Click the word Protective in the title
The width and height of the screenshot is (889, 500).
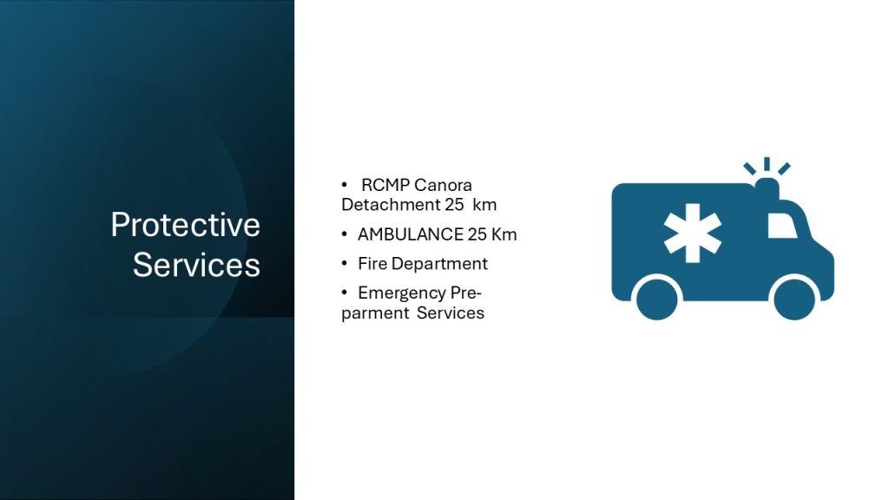pyautogui.click(x=186, y=225)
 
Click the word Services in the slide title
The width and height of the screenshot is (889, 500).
pyautogui.click(x=196, y=265)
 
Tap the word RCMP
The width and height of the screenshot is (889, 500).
pyautogui.click(x=385, y=186)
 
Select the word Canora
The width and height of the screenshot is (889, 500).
pyautogui.click(x=444, y=186)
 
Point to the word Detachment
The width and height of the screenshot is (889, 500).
pyautogui.click(x=391, y=205)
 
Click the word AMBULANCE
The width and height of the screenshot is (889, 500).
pyautogui.click(x=410, y=234)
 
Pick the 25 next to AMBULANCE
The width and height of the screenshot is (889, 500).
pyautogui.click(x=477, y=234)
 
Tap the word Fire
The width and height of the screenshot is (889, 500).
pyautogui.click(x=372, y=264)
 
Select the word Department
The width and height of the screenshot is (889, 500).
pyautogui.click(x=439, y=264)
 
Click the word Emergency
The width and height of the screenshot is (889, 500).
pyautogui.click(x=401, y=293)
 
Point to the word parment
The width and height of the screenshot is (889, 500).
pyautogui.click(x=374, y=313)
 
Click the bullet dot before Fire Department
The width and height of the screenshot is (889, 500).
pyautogui.click(x=344, y=263)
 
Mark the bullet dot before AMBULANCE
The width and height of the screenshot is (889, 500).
pyautogui.click(x=344, y=234)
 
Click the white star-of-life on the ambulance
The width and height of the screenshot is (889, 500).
pyautogui.click(x=692, y=233)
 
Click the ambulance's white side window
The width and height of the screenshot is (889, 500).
pyautogui.click(x=782, y=226)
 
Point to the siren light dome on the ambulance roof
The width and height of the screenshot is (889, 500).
pyautogui.click(x=767, y=187)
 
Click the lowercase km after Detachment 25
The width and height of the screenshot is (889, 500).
pyautogui.click(x=484, y=205)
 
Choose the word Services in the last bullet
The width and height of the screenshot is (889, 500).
pyautogui.click(x=451, y=313)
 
